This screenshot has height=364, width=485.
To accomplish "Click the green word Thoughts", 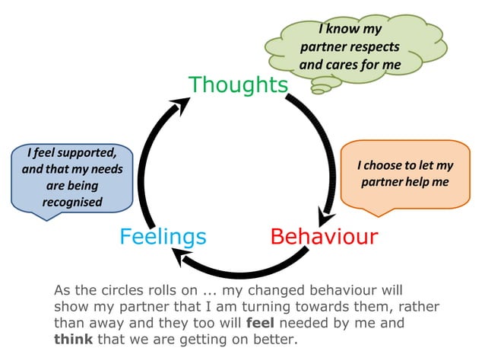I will pyautogui.click(x=238, y=84).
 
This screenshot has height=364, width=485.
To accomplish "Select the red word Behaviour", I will pyautogui.click(x=324, y=236).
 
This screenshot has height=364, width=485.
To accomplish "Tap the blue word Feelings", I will pyautogui.click(x=163, y=236).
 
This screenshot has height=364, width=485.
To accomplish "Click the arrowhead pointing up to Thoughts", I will pyautogui.click(x=181, y=105).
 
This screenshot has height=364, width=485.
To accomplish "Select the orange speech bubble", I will pyautogui.click(x=405, y=174).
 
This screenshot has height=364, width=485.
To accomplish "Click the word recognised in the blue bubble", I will pyautogui.click(x=72, y=203).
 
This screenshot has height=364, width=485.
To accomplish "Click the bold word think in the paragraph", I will pyautogui.click(x=73, y=338).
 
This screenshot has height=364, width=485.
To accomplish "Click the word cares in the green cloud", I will pyautogui.click(x=344, y=65).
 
